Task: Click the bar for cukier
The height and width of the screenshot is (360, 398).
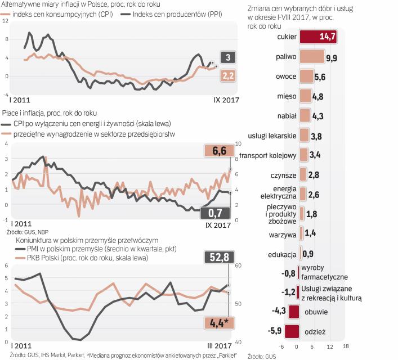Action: pos(318,37)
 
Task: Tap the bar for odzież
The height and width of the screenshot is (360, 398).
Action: pos(292,332)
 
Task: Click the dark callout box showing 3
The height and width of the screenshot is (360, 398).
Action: pos(227,58)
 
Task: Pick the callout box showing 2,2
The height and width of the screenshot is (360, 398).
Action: pos(227,76)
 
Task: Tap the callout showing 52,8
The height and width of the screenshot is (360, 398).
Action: pos(218,257)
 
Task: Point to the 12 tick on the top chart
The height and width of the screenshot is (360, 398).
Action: pos(5,21)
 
